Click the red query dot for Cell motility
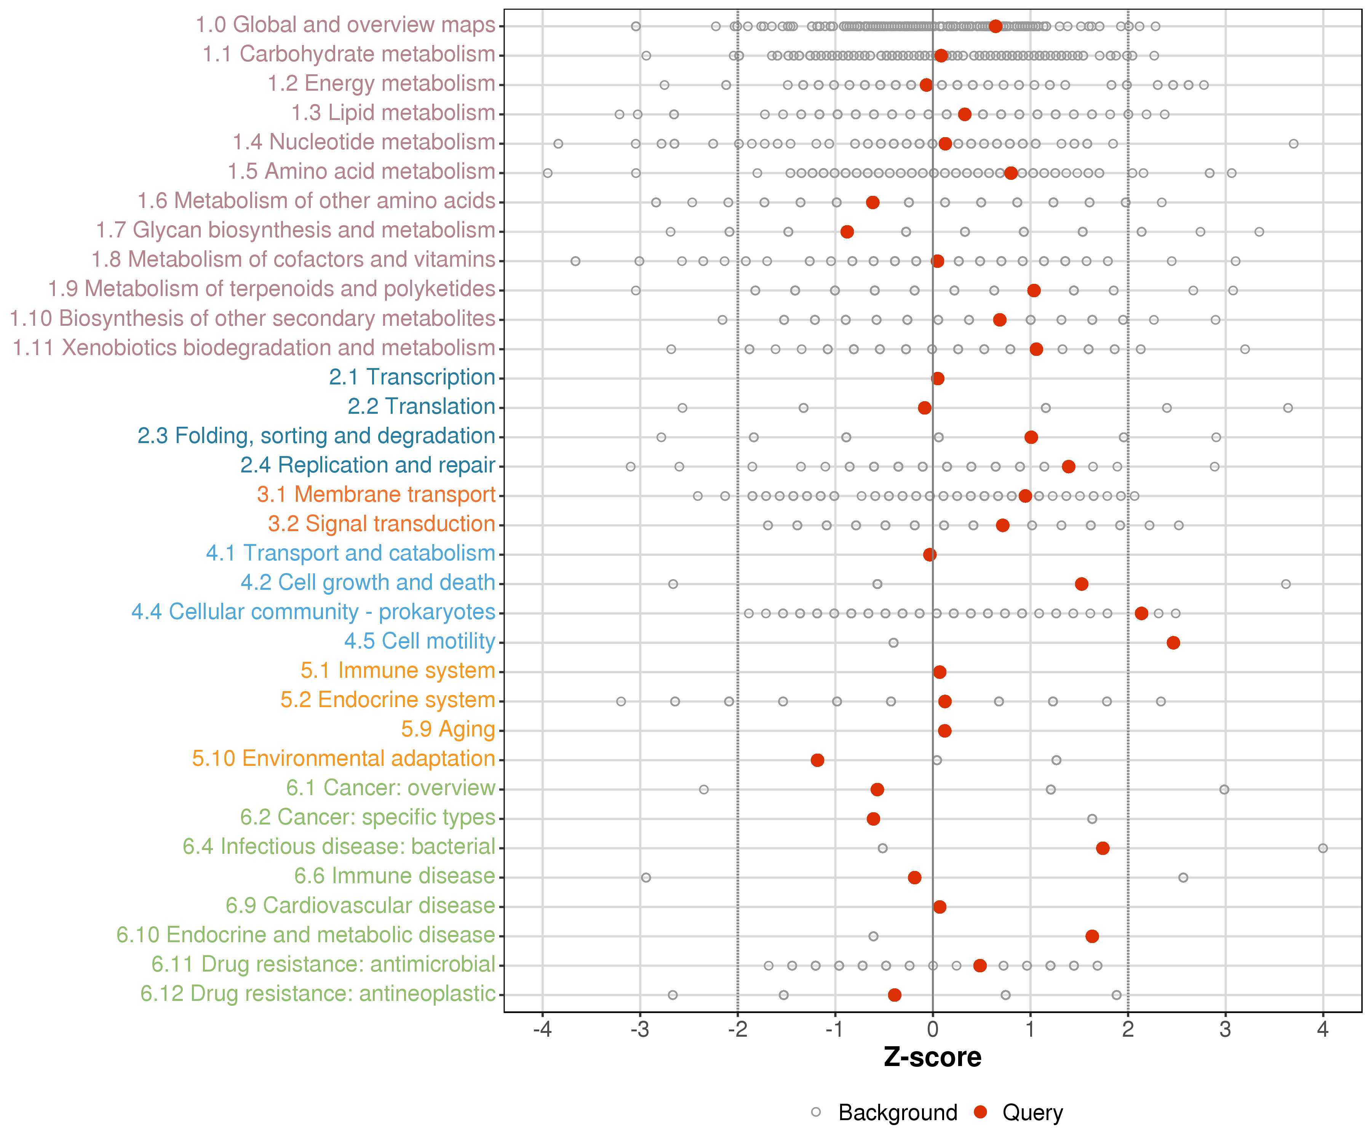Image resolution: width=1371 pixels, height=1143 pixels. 1173,643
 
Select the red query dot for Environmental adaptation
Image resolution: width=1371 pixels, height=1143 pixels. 817,760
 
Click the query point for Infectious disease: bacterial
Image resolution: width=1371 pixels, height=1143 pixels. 1103,848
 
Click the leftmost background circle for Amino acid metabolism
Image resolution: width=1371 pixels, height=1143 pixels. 548,173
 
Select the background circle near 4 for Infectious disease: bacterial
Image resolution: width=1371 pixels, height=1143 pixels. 1323,848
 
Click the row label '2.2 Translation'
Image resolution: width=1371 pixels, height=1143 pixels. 421,406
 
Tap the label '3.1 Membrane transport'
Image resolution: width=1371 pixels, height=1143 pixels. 376,495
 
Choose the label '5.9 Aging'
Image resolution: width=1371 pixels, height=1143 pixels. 448,729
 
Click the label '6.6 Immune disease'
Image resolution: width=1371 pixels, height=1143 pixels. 394,876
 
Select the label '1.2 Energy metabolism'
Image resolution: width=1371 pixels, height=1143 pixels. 381,83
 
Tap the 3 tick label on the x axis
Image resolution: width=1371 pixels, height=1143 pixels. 1226,1030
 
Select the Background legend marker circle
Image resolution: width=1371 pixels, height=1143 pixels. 816,1112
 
